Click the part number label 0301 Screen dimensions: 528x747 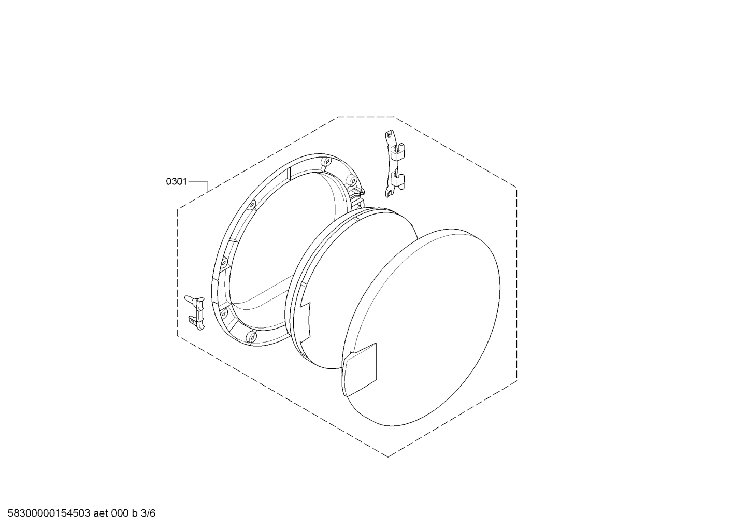(x=176, y=181)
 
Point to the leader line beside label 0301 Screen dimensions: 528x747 (x=198, y=182)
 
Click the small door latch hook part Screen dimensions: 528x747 (x=195, y=311)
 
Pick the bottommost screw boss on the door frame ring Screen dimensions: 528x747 (x=251, y=337)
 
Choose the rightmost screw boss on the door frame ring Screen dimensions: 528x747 (x=352, y=182)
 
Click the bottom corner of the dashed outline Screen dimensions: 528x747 (x=388, y=456)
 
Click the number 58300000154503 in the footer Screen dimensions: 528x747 (x=46, y=513)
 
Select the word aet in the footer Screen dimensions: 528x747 (x=102, y=513)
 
